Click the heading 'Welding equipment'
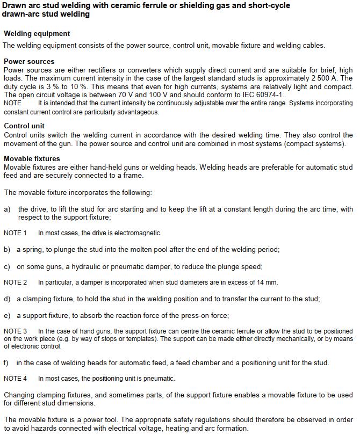click(x=37, y=33)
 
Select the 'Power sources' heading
click(x=29, y=61)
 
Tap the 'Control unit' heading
click(x=24, y=126)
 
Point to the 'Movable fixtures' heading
click(x=32, y=158)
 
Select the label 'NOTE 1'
click(x=15, y=233)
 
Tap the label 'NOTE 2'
click(x=15, y=282)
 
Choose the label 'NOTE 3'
click(x=15, y=331)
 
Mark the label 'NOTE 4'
click(x=15, y=379)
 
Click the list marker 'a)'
click(x=7, y=209)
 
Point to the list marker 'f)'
click(x=6, y=363)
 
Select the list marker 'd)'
click(x=7, y=299)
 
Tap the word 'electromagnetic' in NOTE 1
click(x=137, y=233)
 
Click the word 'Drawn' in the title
click(x=14, y=5)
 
